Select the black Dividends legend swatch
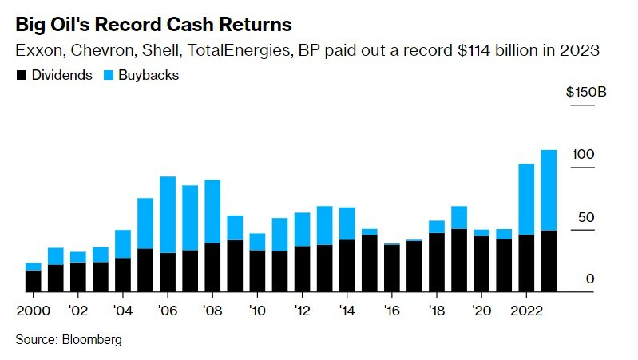click(x=22, y=75)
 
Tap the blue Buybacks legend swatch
click(x=109, y=75)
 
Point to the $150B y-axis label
click(x=586, y=93)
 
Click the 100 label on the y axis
click(x=584, y=154)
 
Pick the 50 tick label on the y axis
click(x=586, y=216)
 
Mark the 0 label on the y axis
click(x=590, y=279)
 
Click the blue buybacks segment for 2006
click(x=168, y=214)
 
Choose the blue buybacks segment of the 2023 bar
click(x=549, y=190)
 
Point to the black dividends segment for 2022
click(x=526, y=263)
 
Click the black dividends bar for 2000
click(x=33, y=282)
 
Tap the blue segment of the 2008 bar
click(x=212, y=212)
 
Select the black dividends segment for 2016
click(x=391, y=268)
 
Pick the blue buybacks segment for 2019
click(x=459, y=217)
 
